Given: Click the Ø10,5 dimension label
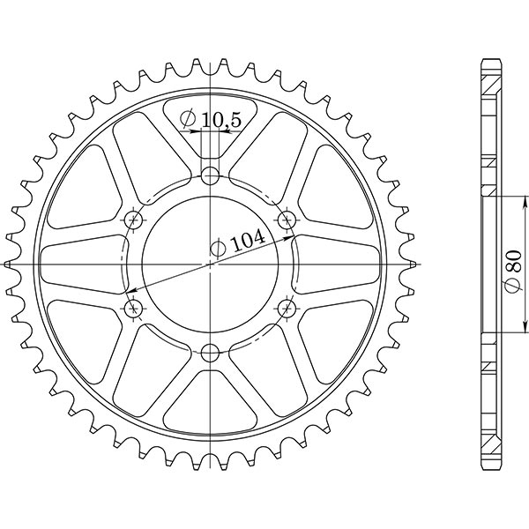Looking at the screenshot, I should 211,120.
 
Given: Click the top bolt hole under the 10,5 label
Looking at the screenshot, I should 209,175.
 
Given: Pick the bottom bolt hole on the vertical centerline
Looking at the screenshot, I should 209,354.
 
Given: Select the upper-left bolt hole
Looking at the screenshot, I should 134,218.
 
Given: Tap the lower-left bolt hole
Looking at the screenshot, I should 134,309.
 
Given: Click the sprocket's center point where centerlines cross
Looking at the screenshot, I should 210,264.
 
